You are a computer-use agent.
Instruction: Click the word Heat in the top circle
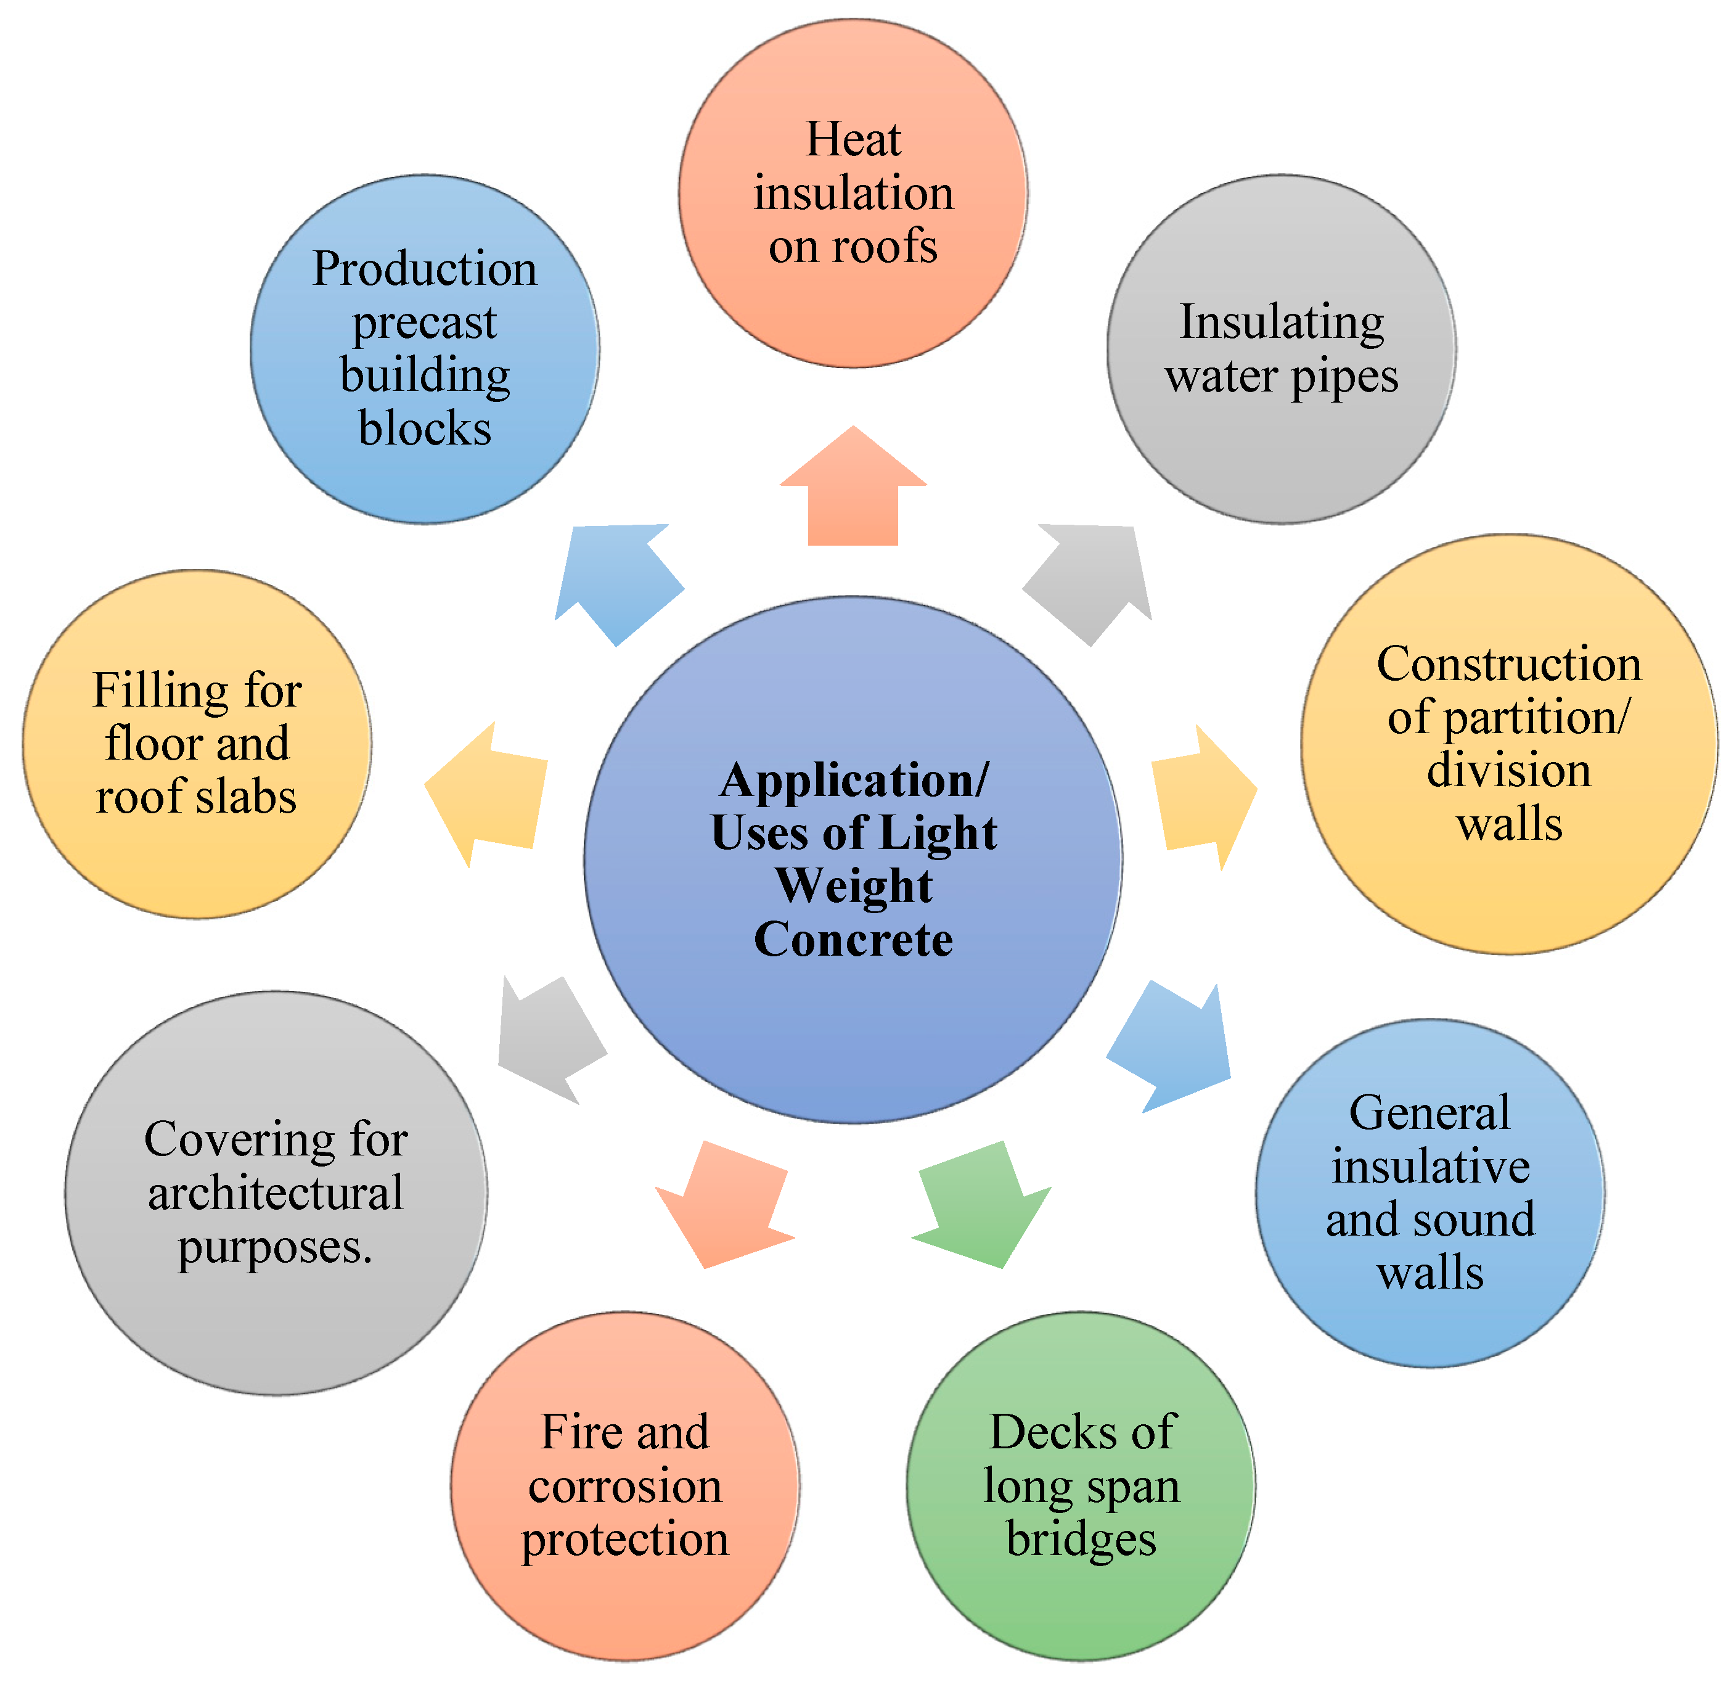pyautogui.click(x=853, y=140)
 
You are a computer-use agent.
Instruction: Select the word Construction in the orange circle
pyautogui.click(x=1508, y=665)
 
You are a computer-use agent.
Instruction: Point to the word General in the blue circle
pyautogui.click(x=1429, y=1113)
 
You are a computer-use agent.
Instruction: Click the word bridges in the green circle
pyautogui.click(x=1081, y=1539)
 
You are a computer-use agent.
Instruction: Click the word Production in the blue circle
pyautogui.click(x=425, y=269)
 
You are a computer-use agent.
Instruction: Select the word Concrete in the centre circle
pyautogui.click(x=853, y=940)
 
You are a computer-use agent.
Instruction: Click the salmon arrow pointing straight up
pyautogui.click(x=853, y=491)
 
